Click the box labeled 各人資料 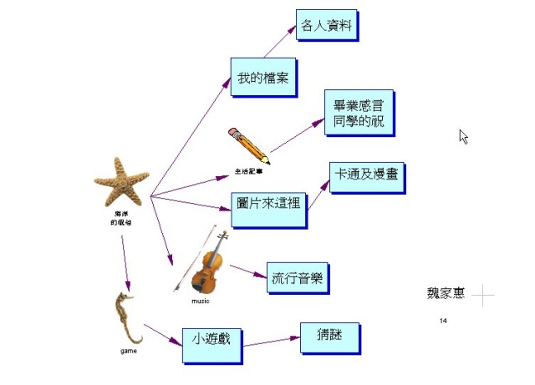326,25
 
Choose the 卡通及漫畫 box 366,177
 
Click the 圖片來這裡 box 267,209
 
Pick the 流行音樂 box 297,277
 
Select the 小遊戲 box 211,339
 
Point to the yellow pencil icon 248,145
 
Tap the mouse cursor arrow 463,136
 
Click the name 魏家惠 446,295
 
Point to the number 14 443,321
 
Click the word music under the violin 201,301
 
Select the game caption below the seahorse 128,351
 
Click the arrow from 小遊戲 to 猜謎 271,341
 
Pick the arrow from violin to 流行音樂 247,271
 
